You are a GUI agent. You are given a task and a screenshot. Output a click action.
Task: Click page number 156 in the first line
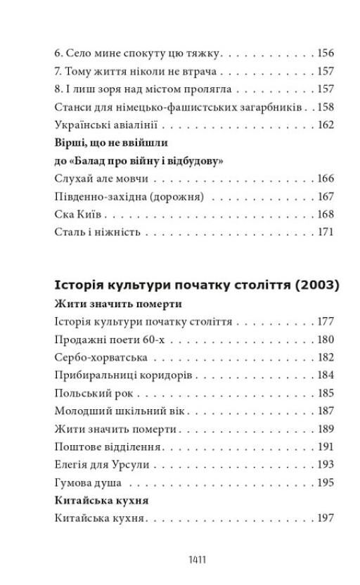click(325, 53)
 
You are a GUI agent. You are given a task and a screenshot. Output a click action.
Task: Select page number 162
click(325, 125)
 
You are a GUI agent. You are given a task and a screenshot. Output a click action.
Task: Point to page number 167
click(325, 197)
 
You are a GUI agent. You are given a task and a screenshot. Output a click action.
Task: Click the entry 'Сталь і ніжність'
click(98, 232)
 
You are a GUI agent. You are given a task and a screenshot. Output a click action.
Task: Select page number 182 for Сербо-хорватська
click(325, 358)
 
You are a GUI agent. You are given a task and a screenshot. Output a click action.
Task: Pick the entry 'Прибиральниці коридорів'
click(122, 375)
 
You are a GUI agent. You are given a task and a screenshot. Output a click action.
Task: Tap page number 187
click(325, 411)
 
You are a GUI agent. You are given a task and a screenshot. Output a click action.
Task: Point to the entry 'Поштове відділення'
click(108, 447)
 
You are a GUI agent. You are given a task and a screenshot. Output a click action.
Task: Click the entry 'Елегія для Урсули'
click(102, 465)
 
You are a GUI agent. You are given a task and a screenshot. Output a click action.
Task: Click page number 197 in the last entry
click(325, 519)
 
